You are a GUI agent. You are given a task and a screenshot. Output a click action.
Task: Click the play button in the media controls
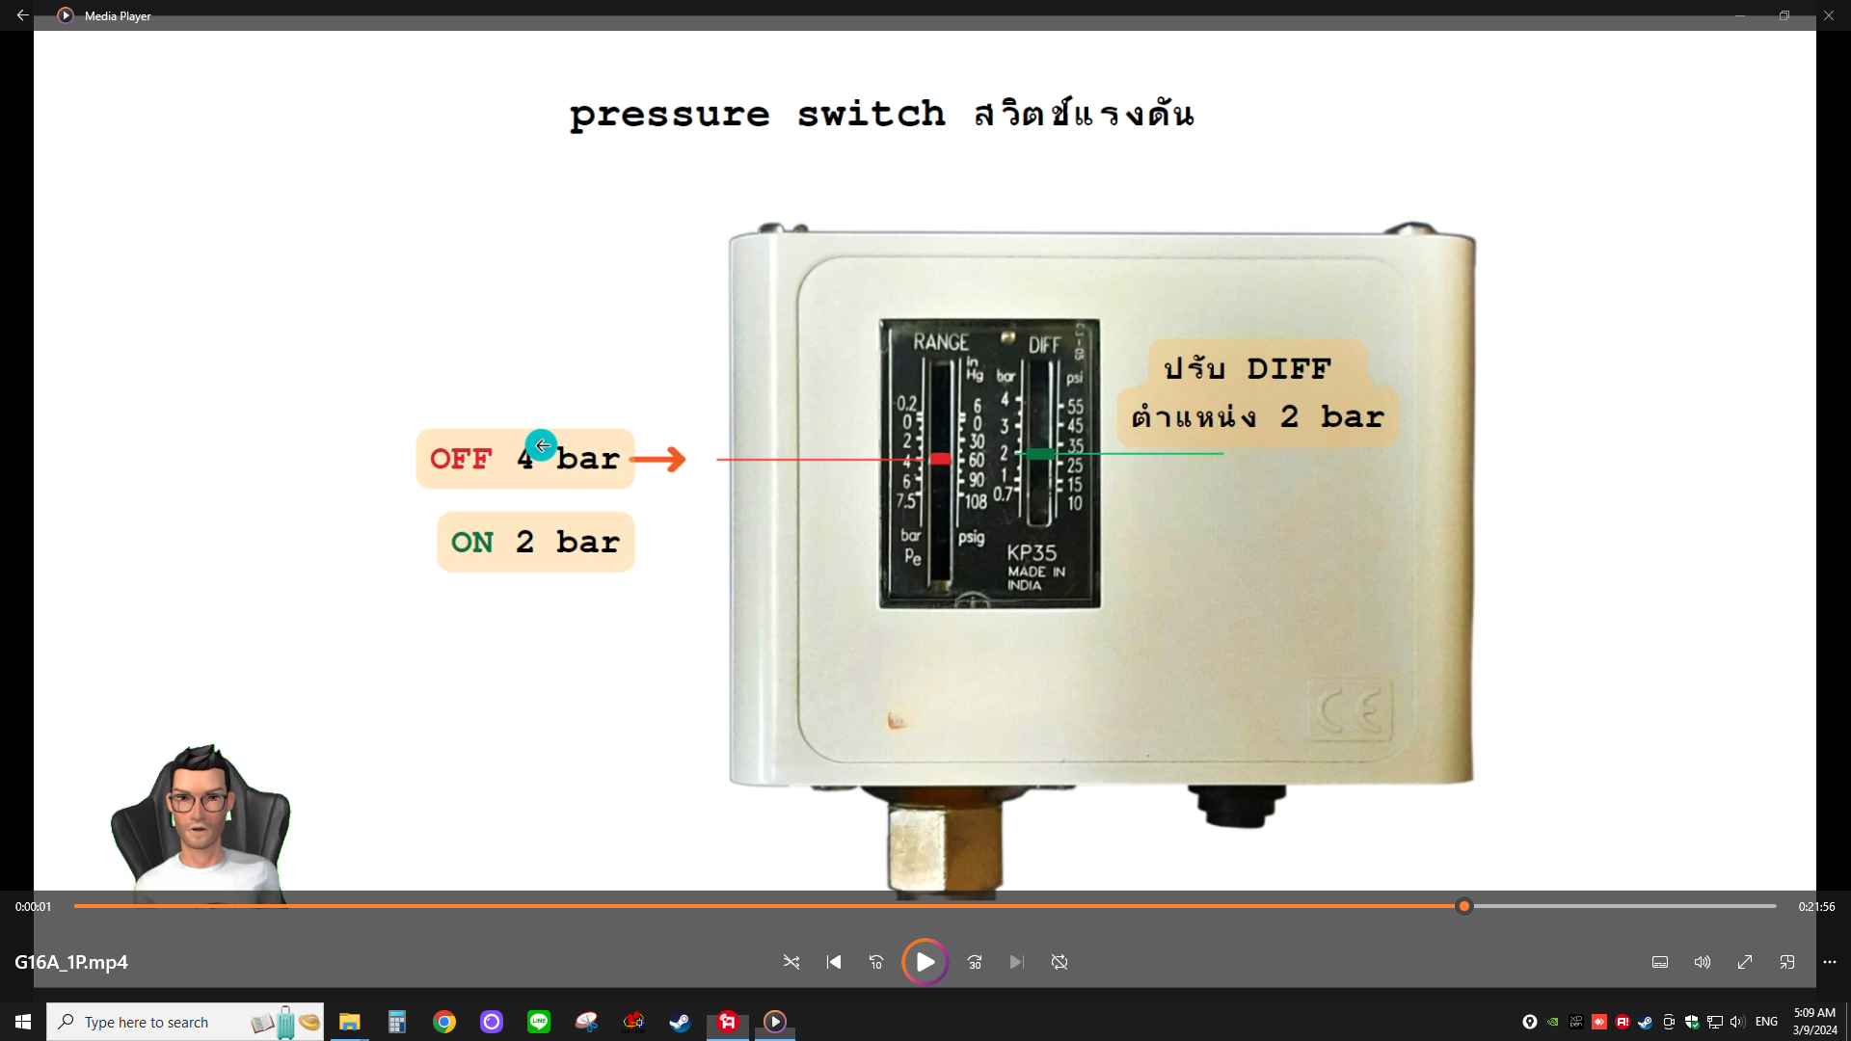925,962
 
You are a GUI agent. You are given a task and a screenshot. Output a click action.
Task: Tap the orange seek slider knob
1464,906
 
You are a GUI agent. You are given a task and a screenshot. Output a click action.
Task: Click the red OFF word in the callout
461,459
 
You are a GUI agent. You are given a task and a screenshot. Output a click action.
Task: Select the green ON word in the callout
472,543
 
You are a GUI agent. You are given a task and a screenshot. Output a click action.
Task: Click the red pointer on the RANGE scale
940,459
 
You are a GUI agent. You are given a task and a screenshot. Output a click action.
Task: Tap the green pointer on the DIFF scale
1040,453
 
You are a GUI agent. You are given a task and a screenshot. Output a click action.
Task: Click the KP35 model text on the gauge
1032,552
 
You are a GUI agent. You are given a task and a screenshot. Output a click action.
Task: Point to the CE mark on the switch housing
1350,710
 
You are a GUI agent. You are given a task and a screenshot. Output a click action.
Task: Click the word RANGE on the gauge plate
941,342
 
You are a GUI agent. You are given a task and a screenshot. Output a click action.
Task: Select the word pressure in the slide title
669,115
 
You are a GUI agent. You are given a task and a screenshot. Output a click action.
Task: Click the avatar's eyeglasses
199,800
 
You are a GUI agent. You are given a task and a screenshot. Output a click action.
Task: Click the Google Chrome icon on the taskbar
444,1022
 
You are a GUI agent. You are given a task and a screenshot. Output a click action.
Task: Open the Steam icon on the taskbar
681,1022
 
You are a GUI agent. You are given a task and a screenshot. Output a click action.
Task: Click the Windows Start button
23,1022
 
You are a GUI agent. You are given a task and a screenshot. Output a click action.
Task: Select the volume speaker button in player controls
1703,962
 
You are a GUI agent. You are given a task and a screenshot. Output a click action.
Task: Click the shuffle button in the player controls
791,962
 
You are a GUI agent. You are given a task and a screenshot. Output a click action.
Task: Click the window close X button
1829,15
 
